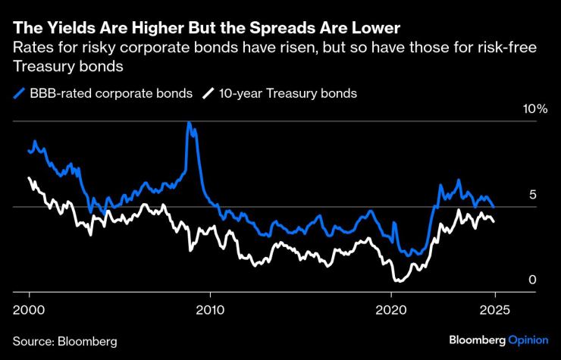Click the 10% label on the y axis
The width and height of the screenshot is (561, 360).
click(x=535, y=109)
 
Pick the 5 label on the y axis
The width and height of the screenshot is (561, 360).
click(x=532, y=195)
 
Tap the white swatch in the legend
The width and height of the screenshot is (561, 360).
click(x=208, y=94)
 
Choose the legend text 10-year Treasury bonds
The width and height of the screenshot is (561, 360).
click(x=288, y=94)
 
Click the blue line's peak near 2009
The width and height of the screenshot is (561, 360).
click(x=189, y=123)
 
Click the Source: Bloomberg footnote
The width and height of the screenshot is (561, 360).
click(x=64, y=341)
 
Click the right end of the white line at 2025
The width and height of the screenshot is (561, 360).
click(x=494, y=221)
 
